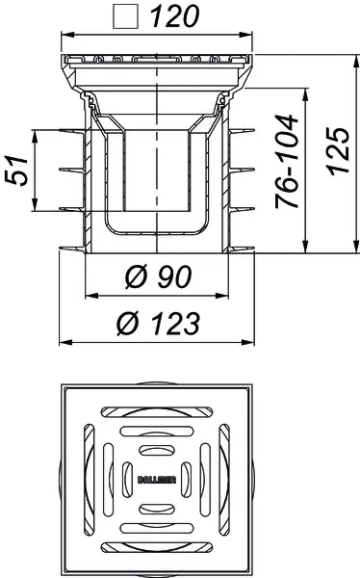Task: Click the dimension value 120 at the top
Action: tap(175, 16)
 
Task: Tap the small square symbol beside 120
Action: tap(126, 17)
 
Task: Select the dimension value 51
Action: tap(16, 171)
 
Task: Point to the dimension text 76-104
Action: tap(286, 162)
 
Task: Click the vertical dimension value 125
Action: tap(338, 151)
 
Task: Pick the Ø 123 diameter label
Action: tap(159, 324)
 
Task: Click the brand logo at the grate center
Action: tap(157, 480)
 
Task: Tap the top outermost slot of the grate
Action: tap(157, 412)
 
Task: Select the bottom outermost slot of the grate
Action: tap(157, 547)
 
